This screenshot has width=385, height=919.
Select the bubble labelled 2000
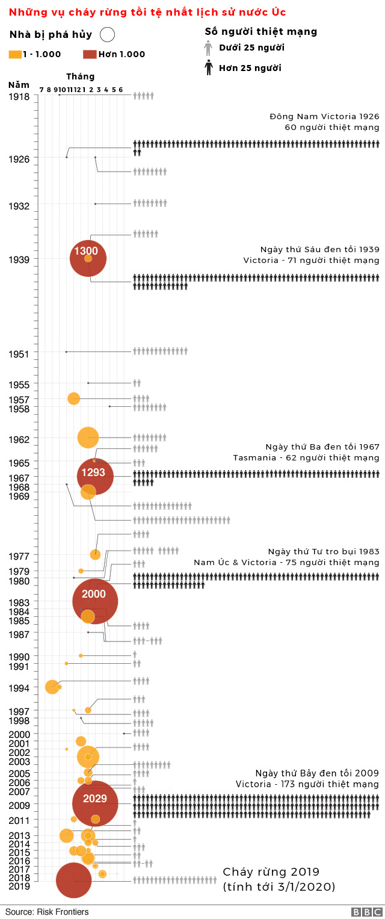(x=95, y=601)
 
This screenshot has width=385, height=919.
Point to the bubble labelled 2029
(x=95, y=803)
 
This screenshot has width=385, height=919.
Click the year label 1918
(x=19, y=96)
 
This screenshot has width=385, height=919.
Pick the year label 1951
(x=19, y=354)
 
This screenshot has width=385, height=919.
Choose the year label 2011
(x=19, y=820)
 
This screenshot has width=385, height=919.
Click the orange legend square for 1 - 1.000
(x=14, y=54)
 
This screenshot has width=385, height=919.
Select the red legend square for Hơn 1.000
(x=89, y=54)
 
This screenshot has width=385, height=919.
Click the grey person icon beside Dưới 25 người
(x=209, y=48)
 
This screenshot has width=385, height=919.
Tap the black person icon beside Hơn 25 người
(x=209, y=68)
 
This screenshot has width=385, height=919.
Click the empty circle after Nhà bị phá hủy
(x=108, y=35)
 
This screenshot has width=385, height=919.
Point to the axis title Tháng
(x=80, y=76)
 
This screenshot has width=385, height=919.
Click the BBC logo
(x=364, y=912)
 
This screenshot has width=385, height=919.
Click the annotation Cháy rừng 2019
(x=271, y=872)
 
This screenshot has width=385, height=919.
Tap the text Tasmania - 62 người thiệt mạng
(x=306, y=458)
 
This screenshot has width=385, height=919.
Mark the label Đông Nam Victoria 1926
(x=324, y=116)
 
